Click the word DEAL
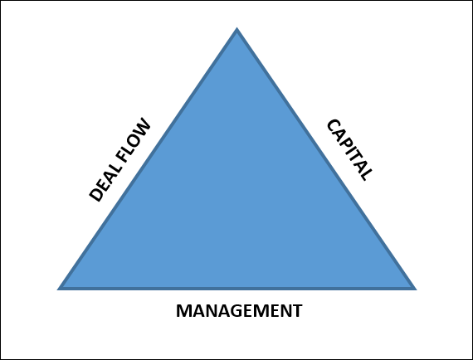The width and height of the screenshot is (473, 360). (105, 183)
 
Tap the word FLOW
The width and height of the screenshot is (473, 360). (133, 140)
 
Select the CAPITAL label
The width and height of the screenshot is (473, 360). (349, 150)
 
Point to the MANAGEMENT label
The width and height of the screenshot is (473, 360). (239, 311)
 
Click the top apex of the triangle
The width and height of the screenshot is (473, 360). (236, 27)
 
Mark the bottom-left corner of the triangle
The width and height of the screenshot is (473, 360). (57, 289)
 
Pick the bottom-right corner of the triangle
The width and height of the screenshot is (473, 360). (417, 289)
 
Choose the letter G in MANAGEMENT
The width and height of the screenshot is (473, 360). (232, 311)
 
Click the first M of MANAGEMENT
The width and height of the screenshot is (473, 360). (183, 311)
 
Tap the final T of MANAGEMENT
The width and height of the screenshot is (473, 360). (297, 311)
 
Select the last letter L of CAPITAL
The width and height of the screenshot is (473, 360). (366, 174)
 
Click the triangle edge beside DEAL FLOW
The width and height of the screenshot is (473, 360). (147, 158)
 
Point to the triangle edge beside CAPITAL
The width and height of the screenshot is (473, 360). (327, 158)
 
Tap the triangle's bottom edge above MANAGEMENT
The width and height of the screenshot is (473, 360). (236, 288)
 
